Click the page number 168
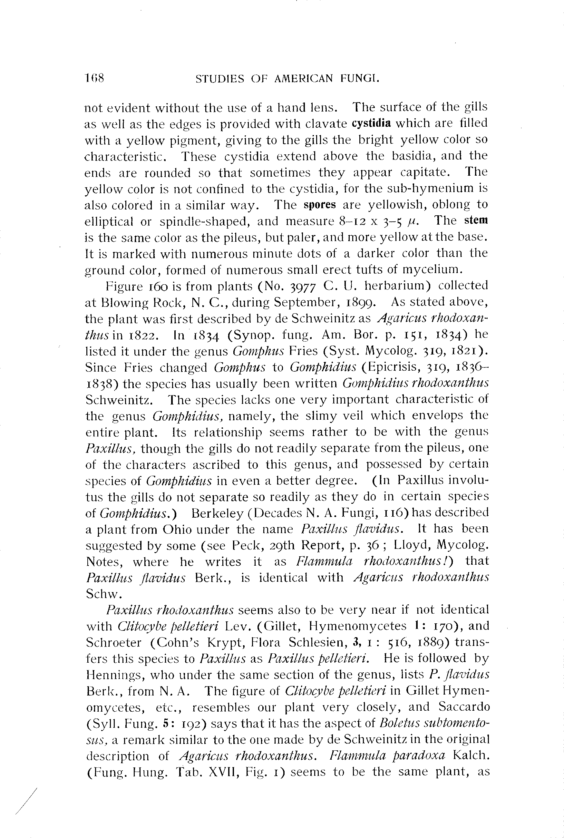pyautogui.click(x=94, y=78)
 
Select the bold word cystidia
pyautogui.click(x=371, y=123)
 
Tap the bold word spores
pyautogui.click(x=320, y=205)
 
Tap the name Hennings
pyautogui.click(x=115, y=675)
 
